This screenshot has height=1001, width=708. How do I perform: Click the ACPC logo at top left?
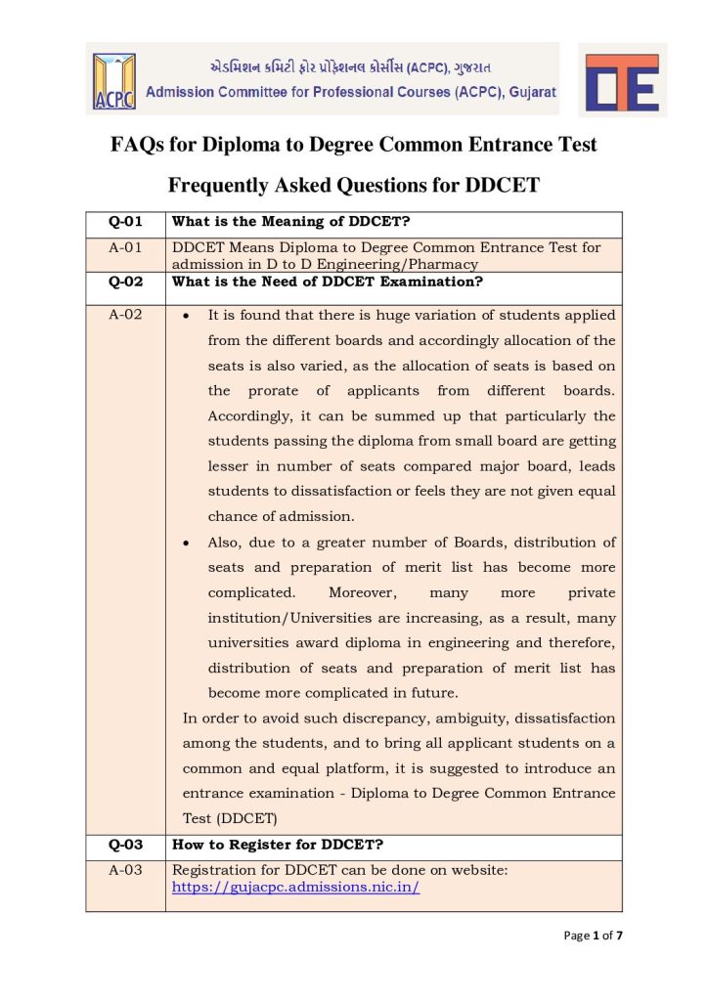114,79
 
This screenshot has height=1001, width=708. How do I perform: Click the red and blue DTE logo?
622,81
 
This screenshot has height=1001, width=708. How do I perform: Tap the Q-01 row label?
125,223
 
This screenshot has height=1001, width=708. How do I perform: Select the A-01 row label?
125,247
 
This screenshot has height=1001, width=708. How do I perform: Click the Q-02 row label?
125,283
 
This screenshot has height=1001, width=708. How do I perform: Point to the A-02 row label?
125,316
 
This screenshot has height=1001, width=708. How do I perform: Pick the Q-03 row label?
125,845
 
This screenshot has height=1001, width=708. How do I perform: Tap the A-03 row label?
125,869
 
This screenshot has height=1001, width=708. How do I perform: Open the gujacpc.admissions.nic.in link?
295,888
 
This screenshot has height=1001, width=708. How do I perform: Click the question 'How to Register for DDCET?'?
277,845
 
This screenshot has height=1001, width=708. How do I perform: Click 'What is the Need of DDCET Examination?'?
327,283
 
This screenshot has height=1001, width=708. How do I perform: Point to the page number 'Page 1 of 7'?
594,936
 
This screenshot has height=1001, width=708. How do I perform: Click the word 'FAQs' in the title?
137,146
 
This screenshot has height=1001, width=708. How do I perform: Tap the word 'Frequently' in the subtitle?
222,185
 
